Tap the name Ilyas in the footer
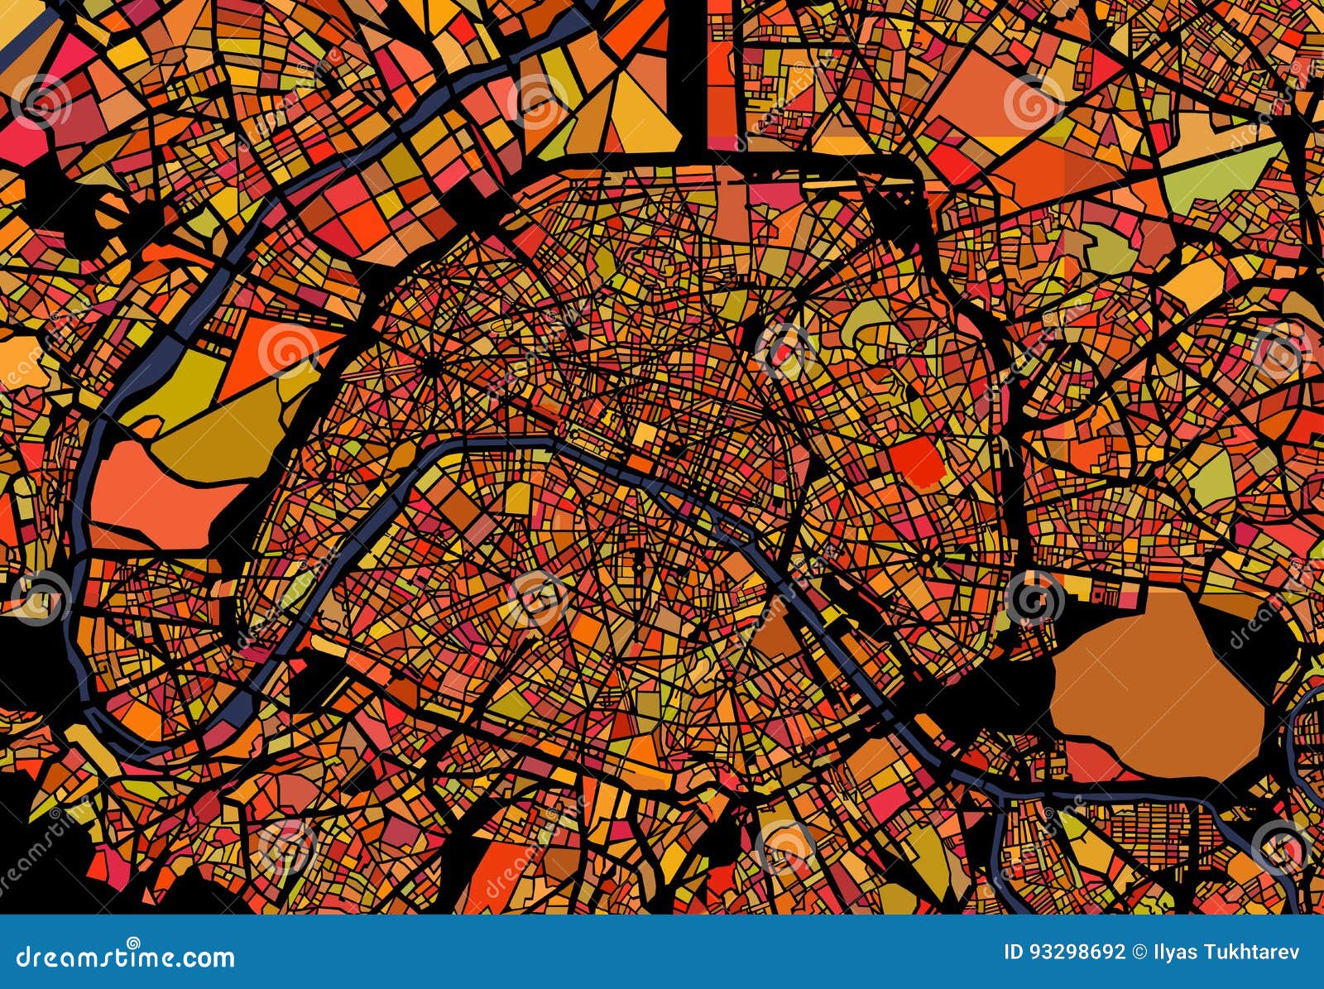[1174, 952]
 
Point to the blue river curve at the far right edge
[1312, 720]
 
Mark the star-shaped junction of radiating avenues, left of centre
[429, 364]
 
